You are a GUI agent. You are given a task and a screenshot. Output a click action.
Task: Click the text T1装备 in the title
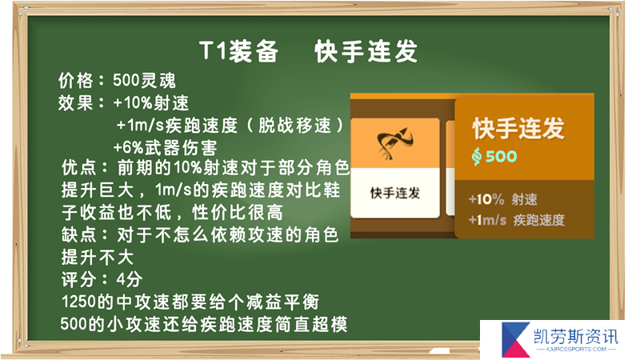(238, 51)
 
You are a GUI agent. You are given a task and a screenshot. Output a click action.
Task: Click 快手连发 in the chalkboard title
(366, 51)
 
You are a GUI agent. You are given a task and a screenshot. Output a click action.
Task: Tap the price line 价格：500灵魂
(117, 81)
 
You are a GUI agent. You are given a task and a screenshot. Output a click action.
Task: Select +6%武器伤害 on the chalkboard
(165, 147)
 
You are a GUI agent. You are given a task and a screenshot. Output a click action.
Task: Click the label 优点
(78, 167)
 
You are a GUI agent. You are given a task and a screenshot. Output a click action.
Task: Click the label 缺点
(78, 234)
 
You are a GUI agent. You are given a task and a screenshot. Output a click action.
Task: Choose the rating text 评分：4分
(102, 279)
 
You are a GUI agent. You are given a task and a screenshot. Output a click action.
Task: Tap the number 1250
(79, 302)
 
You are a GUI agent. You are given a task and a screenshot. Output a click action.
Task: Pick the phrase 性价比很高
(237, 212)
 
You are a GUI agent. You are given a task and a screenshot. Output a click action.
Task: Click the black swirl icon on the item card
(395, 143)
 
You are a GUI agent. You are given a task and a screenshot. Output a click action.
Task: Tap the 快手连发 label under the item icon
(395, 193)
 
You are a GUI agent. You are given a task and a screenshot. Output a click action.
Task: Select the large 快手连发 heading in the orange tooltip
(518, 128)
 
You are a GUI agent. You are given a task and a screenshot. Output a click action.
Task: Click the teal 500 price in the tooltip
(502, 156)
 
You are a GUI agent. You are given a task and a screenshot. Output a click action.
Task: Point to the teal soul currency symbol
(476, 156)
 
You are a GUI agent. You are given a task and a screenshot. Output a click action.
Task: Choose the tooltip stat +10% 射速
(503, 199)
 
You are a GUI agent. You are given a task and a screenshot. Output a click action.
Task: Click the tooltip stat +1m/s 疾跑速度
(516, 221)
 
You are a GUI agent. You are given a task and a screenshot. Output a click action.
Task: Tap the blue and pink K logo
(515, 339)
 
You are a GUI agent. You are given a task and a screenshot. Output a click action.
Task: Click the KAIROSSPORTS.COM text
(576, 350)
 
